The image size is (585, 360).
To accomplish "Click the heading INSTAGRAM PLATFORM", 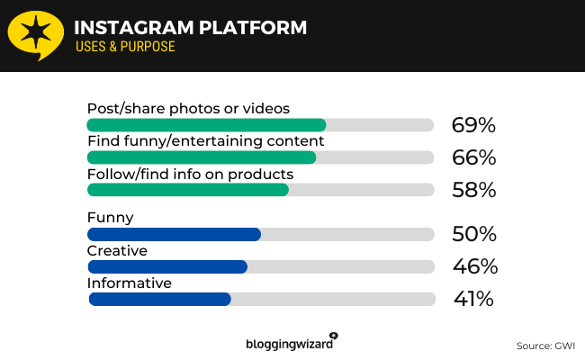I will point(190,27).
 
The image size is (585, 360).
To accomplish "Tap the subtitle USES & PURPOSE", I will point(125,46).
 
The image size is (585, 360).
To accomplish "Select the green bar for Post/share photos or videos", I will point(206,125).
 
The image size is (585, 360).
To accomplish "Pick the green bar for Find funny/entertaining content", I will point(202,157).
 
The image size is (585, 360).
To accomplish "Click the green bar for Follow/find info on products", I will point(188,190).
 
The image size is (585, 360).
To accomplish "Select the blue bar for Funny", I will point(174,234).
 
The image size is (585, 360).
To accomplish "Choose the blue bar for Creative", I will point(167,266).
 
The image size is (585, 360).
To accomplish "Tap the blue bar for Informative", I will point(160,299).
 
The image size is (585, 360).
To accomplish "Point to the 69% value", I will point(473,125).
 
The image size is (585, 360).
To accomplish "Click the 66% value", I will point(473,157).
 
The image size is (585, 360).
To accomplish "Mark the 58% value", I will point(473,190).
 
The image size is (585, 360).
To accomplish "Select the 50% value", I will point(473,234).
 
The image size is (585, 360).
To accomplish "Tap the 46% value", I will point(473,266).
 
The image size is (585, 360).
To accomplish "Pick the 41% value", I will point(472,299).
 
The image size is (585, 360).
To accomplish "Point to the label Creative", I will point(117,249).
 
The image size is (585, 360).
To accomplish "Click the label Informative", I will point(130,283).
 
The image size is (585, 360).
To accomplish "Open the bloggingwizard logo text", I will point(288,343).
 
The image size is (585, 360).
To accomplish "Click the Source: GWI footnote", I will point(545,346).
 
